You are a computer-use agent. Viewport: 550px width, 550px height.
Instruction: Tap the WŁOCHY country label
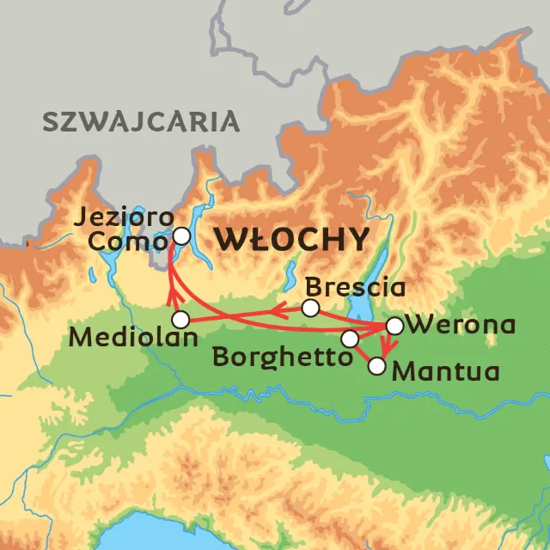(x=292, y=240)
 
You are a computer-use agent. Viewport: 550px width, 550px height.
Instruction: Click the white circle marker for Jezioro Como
(x=181, y=235)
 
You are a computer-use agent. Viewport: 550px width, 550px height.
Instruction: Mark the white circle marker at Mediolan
(x=180, y=319)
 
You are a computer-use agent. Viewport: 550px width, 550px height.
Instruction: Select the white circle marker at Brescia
(x=311, y=308)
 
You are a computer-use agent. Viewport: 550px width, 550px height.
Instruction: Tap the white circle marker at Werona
(x=394, y=326)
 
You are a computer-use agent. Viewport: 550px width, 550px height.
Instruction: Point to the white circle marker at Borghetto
(x=349, y=339)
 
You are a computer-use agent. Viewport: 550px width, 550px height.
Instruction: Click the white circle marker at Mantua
(x=376, y=366)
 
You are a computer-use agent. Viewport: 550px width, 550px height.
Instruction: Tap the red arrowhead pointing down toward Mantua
(x=387, y=349)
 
